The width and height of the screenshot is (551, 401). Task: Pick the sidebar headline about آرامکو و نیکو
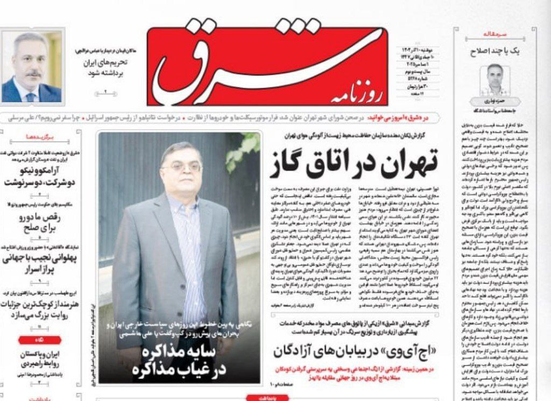(x=41, y=177)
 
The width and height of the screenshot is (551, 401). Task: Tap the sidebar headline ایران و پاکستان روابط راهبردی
(x=41, y=359)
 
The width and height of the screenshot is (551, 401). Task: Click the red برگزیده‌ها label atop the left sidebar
(x=40, y=137)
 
